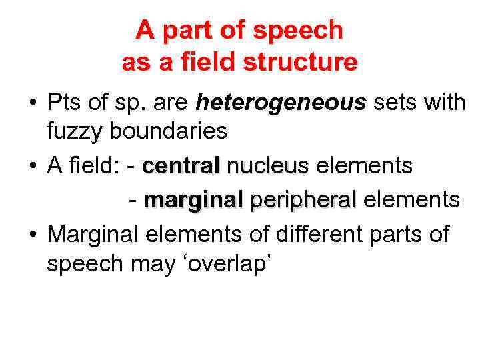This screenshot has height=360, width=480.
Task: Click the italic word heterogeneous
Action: [281, 103]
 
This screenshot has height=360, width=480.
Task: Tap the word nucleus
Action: [268, 166]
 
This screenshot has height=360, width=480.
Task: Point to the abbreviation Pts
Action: [64, 103]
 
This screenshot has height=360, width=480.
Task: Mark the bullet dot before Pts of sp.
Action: [31, 104]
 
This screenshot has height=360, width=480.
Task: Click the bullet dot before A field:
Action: [31, 167]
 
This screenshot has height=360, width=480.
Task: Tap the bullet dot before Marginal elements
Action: [31, 235]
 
